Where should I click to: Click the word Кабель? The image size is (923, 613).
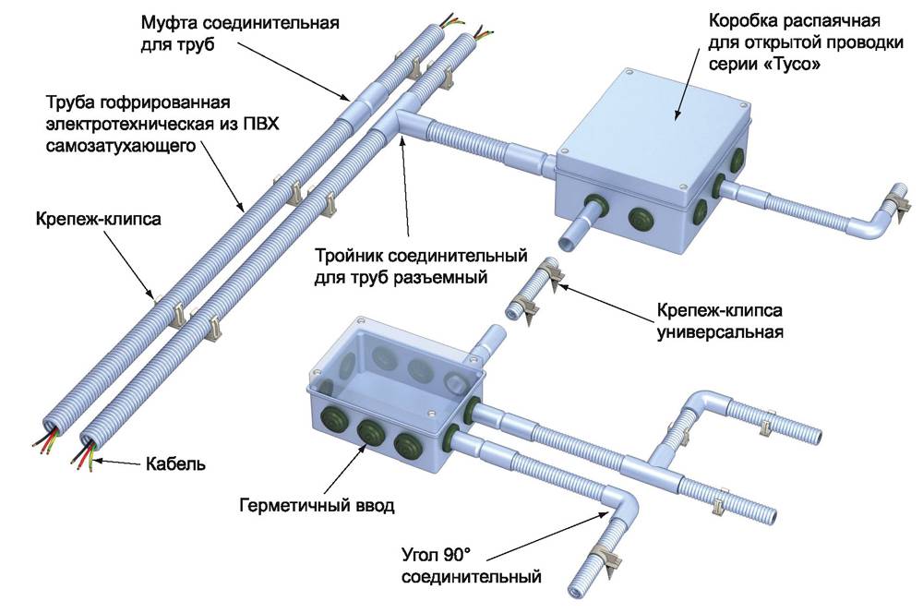175,464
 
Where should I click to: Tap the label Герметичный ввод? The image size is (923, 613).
316,505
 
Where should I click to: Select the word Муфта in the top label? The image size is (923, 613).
169,23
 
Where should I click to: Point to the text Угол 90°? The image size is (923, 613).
437,554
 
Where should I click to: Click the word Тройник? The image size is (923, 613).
349,256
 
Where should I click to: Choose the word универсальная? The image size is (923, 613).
720,332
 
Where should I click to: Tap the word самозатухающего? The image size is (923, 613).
121,146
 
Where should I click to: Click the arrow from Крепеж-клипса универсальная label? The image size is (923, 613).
607,304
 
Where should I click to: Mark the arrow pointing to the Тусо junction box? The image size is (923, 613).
689,85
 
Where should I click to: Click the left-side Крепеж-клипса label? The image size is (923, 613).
99,219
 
